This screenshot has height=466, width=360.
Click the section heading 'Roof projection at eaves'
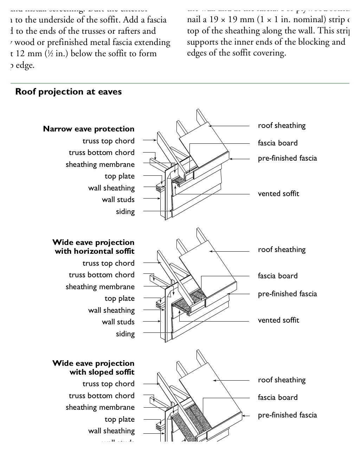click(69, 92)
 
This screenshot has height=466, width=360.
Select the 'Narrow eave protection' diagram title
click(89, 129)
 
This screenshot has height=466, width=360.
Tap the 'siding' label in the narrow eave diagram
click(125, 212)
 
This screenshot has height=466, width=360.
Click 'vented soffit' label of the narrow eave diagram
click(278, 194)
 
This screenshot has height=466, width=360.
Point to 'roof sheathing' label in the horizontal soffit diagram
click(282, 250)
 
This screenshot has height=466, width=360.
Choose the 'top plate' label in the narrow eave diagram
click(120, 176)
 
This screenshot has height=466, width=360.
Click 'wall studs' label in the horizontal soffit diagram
click(118, 322)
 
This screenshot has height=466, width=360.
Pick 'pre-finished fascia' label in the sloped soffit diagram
click(287, 415)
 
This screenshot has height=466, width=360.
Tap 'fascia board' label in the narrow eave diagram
click(278, 143)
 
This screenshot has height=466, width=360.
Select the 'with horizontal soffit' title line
click(95, 251)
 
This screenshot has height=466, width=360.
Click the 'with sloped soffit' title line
click(102, 372)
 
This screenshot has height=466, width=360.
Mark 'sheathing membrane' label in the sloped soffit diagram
click(100, 407)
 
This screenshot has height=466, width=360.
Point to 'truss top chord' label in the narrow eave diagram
click(108, 141)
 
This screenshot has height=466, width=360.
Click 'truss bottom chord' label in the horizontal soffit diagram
click(102, 275)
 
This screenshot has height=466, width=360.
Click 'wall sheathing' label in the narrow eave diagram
click(111, 188)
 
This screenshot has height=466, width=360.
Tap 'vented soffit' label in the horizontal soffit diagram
click(278, 320)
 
